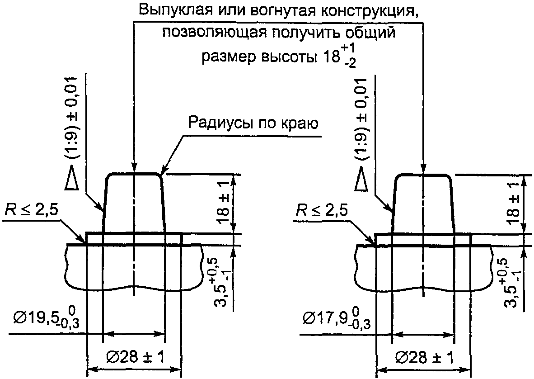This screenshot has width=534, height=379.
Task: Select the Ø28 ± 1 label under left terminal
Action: tap(135, 357)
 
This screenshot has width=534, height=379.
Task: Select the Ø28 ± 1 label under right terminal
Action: tap(425, 357)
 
